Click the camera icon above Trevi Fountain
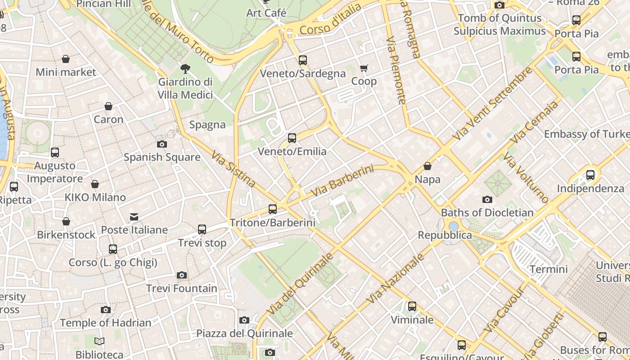click(182, 275)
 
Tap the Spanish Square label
click(162, 157)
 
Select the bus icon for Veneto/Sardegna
click(303, 60)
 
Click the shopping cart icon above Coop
click(364, 68)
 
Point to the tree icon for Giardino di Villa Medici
click(184, 69)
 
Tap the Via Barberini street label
click(342, 181)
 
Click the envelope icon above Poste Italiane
click(134, 217)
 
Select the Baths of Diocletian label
click(487, 212)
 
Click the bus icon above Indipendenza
click(590, 175)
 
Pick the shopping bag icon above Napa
click(427, 166)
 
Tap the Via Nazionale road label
click(396, 278)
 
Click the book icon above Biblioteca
click(99, 342)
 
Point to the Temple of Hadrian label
click(105, 323)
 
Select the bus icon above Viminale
click(412, 307)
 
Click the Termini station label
click(549, 269)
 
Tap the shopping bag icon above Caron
click(108, 107)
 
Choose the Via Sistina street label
click(234, 169)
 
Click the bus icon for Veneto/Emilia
click(292, 138)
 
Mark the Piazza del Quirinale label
click(244, 333)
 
